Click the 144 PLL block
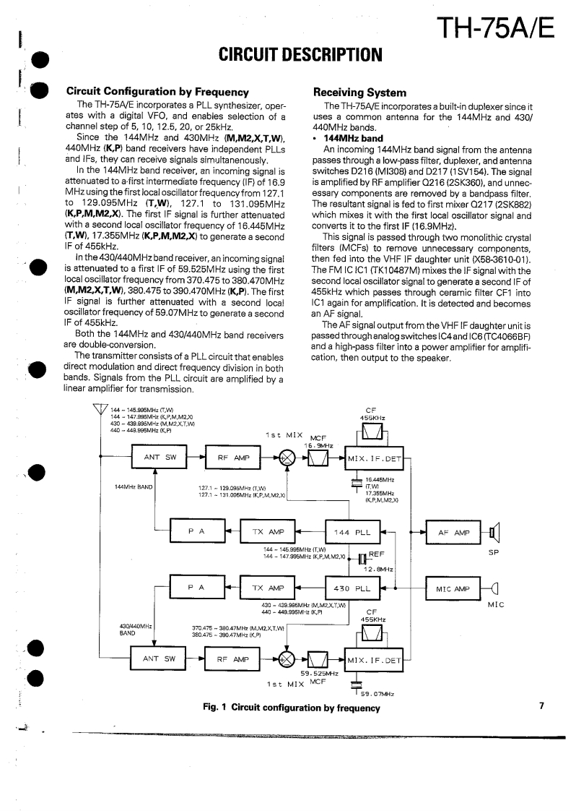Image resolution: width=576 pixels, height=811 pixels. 352,532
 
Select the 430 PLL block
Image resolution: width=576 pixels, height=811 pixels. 352,588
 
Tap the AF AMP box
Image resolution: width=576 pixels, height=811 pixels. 453,533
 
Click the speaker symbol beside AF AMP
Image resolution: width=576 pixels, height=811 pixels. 494,533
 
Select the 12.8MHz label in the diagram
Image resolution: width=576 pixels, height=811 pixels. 378,570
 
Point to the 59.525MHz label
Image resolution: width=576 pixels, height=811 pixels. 319,674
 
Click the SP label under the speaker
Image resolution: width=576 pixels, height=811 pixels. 494,555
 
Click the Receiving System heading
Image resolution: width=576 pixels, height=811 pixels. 359,92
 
